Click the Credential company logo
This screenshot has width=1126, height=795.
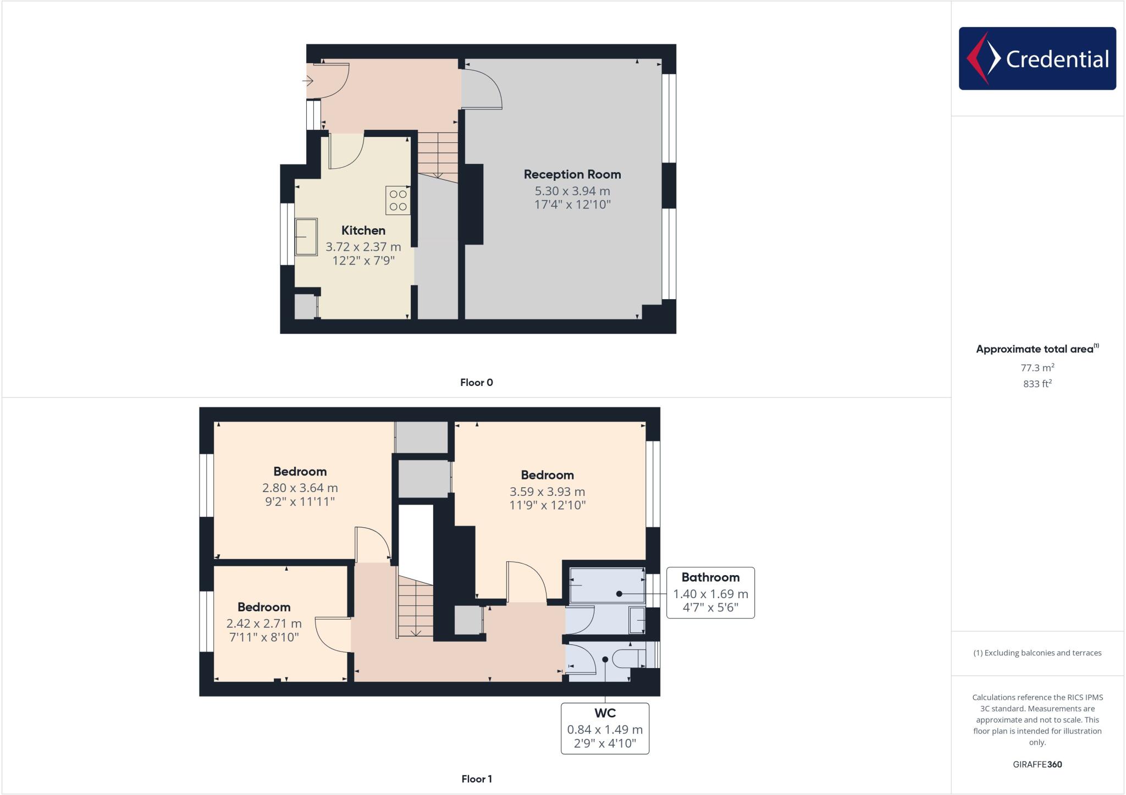click(x=1037, y=58)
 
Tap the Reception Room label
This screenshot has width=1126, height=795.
click(x=572, y=174)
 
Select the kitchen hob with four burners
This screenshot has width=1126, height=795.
click(x=398, y=200)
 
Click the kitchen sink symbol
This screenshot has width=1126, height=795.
click(x=306, y=237)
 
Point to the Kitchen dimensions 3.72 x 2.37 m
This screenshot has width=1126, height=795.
click(x=363, y=247)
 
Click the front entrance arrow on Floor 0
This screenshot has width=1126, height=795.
click(x=307, y=81)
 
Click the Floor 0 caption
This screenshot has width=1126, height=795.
click(x=476, y=383)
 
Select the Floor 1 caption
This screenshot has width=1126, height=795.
click(x=476, y=779)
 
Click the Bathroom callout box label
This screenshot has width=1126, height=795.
click(x=710, y=577)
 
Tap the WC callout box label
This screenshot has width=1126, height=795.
click(x=604, y=713)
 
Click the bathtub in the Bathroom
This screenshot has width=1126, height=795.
click(x=606, y=586)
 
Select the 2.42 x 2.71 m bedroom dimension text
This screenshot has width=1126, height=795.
click(x=264, y=623)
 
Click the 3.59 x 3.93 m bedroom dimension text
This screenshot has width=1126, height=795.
click(x=547, y=492)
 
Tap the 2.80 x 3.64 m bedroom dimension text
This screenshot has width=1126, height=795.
click(x=300, y=488)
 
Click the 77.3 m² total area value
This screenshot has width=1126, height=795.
click(x=1036, y=368)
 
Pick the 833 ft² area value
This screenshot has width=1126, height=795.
click(x=1036, y=384)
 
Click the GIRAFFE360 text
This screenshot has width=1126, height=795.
click(x=1037, y=764)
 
